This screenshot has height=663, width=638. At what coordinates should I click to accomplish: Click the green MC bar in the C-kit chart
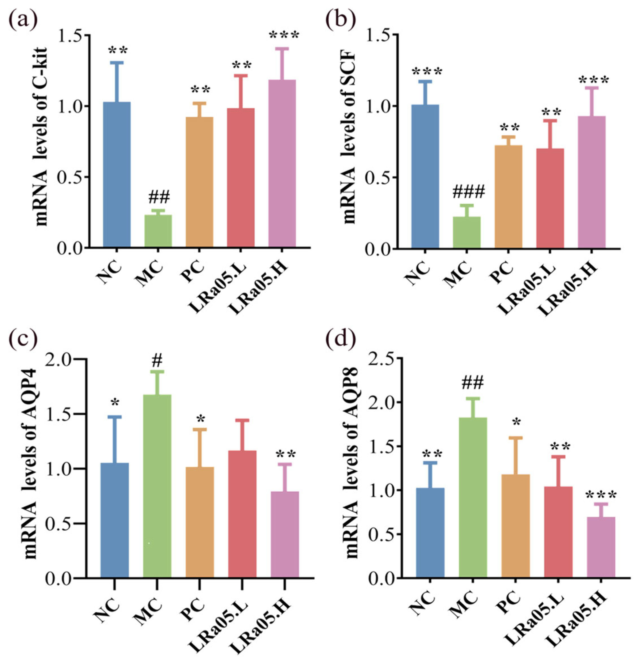(x=158, y=231)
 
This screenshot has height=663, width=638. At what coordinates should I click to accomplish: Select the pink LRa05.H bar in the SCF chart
(x=591, y=183)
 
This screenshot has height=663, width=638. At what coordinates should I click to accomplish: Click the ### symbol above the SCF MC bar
(x=468, y=192)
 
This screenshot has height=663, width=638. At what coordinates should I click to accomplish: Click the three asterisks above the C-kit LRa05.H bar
(x=284, y=35)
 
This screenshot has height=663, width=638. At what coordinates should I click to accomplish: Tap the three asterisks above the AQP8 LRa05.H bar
(x=601, y=496)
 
